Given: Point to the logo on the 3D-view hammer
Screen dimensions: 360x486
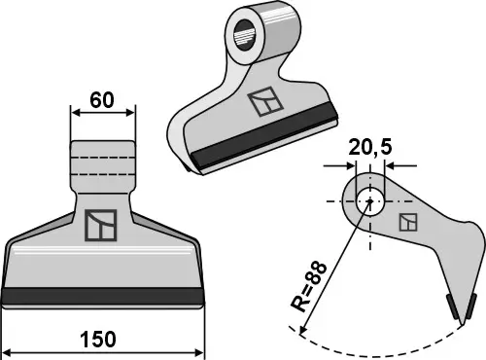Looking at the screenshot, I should pos(262,104).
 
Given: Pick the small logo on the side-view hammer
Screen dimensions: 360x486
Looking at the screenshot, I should pos(409,222).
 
